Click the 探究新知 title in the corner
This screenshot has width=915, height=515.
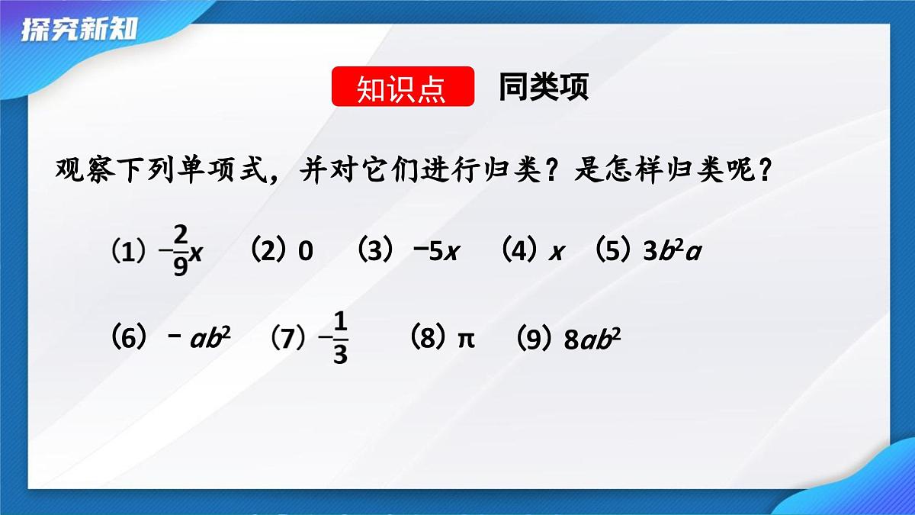tap(79, 31)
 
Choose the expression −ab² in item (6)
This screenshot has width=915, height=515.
tap(198, 338)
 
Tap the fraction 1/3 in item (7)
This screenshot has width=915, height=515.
tap(340, 339)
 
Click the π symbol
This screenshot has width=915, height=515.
tap(465, 338)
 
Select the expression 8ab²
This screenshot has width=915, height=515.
tap(592, 339)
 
